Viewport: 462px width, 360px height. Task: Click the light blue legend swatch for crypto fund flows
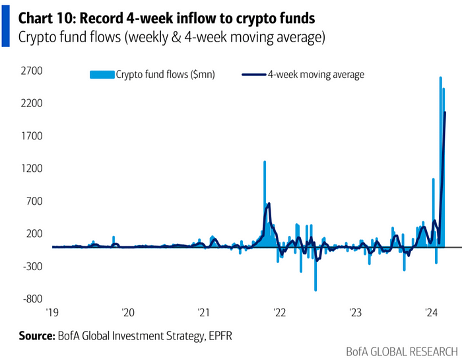[x=102, y=75]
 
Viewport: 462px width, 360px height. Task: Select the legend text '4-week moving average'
[x=315, y=75]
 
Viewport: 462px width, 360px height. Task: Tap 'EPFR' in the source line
[x=218, y=337]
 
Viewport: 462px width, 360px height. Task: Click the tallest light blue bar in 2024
[x=440, y=79]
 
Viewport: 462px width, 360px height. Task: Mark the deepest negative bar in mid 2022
[x=315, y=289]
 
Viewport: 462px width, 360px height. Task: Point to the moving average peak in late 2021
[x=269, y=204]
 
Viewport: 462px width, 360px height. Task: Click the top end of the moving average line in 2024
[x=445, y=113]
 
